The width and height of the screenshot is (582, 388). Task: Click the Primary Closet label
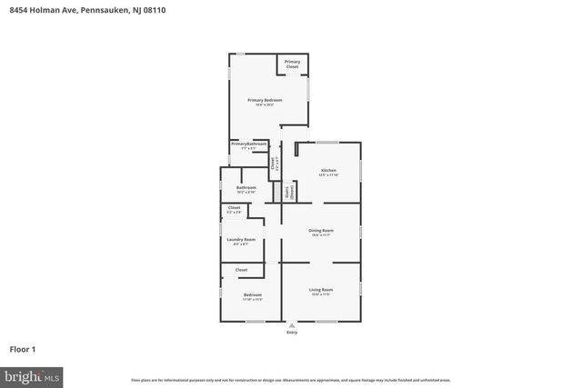click(292, 64)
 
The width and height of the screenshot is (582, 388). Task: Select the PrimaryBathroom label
click(248, 144)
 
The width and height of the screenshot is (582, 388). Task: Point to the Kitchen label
click(328, 172)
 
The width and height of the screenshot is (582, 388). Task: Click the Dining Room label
click(322, 232)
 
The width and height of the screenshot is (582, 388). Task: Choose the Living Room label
click(321, 291)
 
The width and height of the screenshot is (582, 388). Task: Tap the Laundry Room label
click(241, 241)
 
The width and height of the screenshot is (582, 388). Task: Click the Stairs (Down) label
click(289, 192)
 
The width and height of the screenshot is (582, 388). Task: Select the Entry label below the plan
click(292, 333)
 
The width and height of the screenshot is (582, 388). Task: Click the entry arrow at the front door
click(292, 325)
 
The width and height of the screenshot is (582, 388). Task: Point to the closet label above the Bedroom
click(241, 270)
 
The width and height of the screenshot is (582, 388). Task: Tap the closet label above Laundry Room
click(234, 209)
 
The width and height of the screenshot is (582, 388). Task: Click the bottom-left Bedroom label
click(252, 295)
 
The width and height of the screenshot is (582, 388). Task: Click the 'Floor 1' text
click(22, 349)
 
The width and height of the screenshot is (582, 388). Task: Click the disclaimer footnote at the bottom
click(291, 380)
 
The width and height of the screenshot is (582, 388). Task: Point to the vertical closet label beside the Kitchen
click(273, 164)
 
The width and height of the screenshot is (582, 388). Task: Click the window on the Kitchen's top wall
click(327, 142)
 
